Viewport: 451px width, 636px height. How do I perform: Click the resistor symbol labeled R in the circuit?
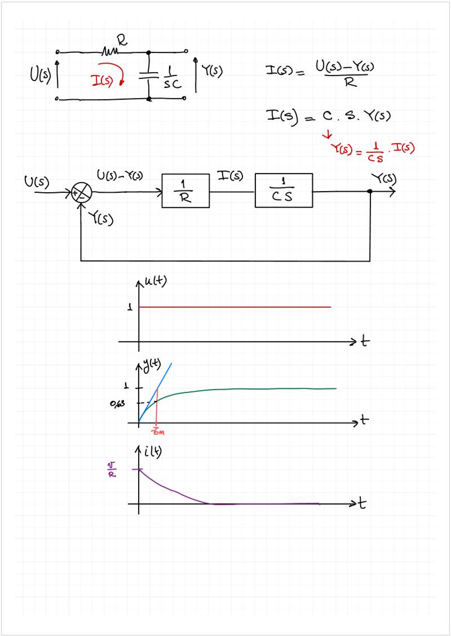(x=109, y=52)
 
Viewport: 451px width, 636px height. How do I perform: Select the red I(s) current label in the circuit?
(x=103, y=81)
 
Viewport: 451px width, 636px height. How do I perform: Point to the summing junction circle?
(x=82, y=193)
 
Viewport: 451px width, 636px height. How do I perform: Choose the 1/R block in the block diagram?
(x=185, y=191)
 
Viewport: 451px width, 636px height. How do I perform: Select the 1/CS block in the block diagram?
(x=284, y=191)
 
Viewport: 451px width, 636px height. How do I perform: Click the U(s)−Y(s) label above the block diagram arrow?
(x=120, y=175)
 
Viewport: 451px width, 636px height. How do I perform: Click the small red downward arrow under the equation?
(x=326, y=134)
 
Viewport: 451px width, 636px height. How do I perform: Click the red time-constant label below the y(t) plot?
(x=157, y=431)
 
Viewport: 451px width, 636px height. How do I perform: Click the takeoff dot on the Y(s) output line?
(x=370, y=192)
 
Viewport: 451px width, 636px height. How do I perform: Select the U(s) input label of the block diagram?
(x=37, y=182)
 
